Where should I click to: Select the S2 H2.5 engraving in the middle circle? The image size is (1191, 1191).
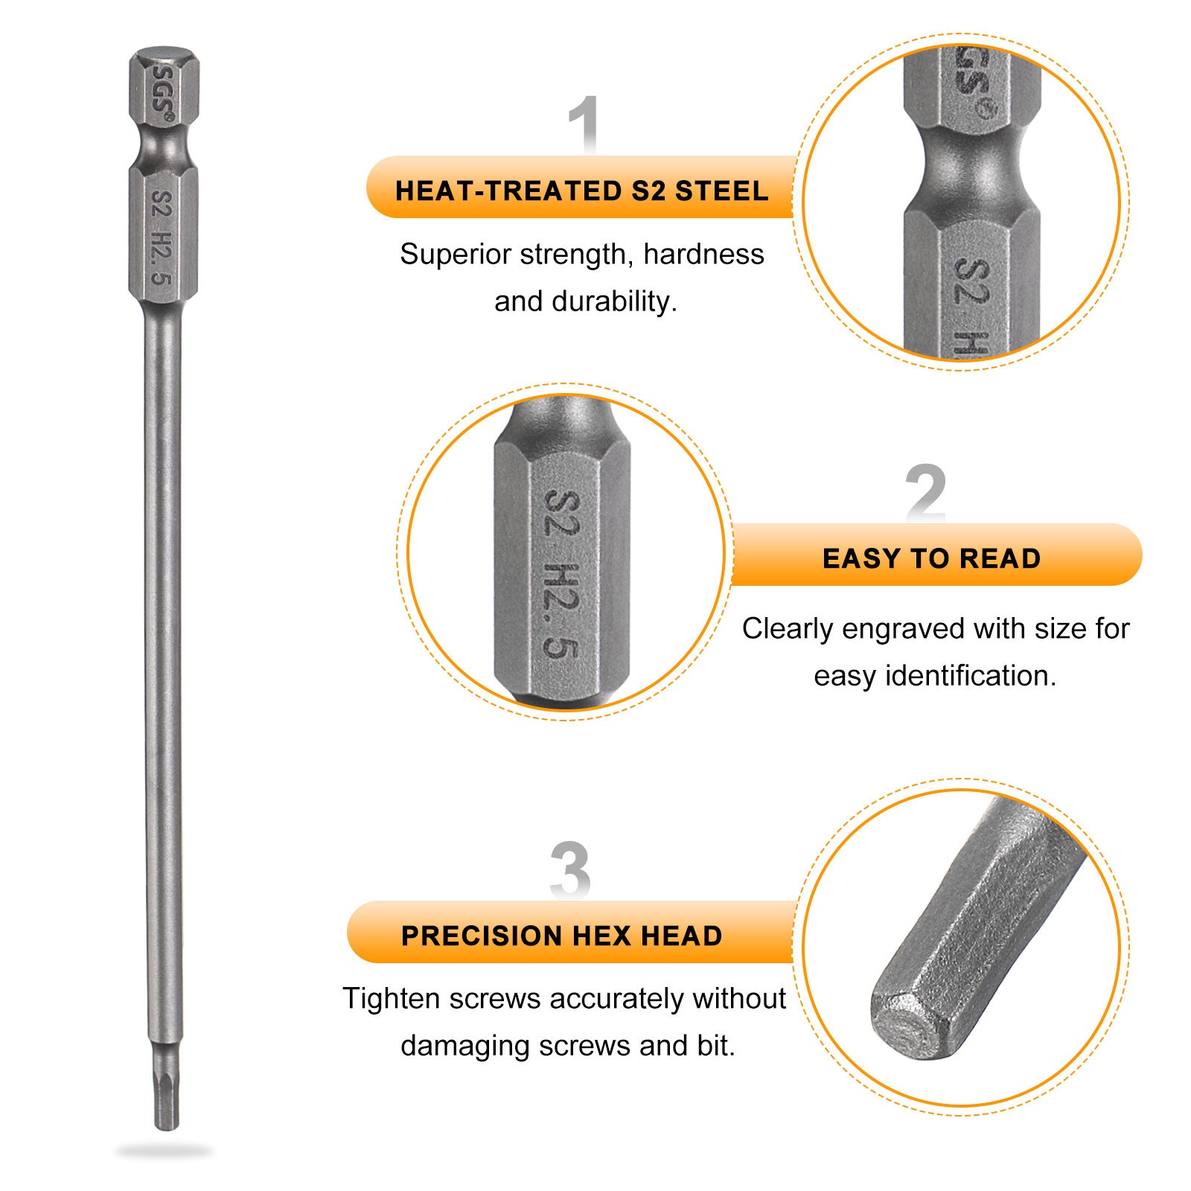click(x=562, y=573)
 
